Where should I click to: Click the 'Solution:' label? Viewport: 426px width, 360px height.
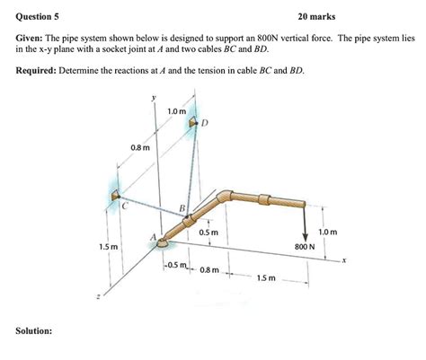tap(33, 331)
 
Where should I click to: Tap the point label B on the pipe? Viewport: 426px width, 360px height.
tap(182, 210)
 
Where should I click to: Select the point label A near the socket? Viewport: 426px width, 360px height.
tap(154, 238)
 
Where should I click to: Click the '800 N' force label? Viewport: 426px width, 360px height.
tap(305, 245)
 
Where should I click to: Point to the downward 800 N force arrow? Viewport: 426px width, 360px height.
tap(306, 220)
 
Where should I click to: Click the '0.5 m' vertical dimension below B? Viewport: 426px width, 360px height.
tap(209, 233)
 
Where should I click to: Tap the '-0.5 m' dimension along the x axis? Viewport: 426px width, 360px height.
tap(175, 264)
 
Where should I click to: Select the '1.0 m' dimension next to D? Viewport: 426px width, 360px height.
tap(176, 111)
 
